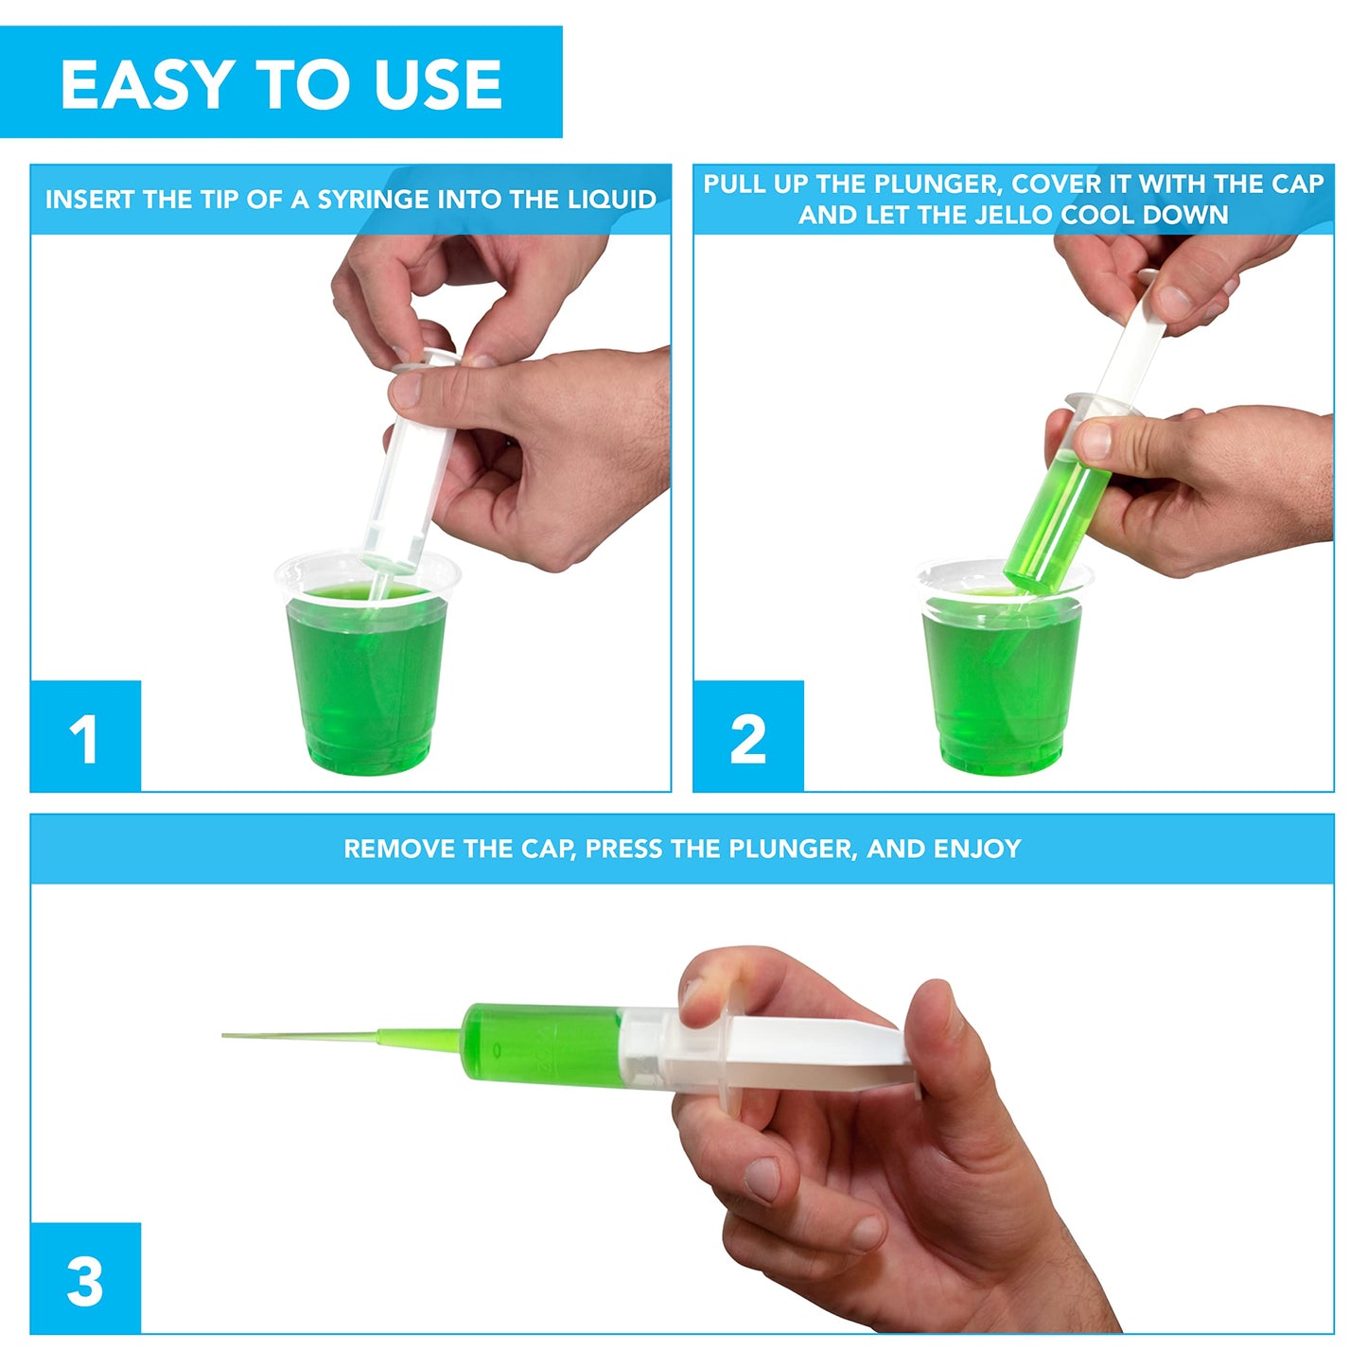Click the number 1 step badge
(85, 736)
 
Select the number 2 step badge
(748, 736)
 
